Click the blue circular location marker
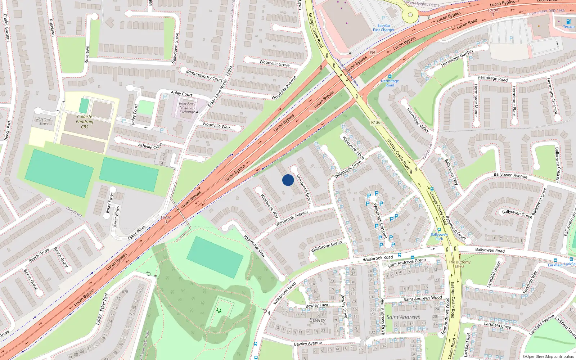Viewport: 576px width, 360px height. coord(288,180)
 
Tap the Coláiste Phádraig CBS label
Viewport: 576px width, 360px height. coord(85,122)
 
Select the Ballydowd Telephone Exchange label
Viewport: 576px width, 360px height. coord(187,108)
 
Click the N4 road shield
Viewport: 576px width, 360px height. coord(373,52)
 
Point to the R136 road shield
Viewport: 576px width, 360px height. coord(375,122)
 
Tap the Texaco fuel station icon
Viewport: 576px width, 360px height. coord(568,22)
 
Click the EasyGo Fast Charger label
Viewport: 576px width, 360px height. coord(383,28)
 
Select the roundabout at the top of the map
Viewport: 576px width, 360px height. coord(410,15)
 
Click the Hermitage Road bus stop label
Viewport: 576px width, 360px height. coord(390,83)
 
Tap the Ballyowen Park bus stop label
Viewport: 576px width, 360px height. coord(439,237)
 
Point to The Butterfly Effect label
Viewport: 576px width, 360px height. coord(459,264)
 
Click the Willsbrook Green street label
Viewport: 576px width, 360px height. coord(327,246)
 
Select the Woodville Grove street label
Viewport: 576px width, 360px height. coord(274,63)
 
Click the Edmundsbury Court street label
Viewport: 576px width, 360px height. coord(204,76)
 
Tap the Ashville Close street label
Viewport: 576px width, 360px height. coord(150,146)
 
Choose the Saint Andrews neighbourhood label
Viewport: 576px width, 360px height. coord(403,317)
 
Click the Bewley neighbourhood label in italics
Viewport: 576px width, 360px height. coord(317,320)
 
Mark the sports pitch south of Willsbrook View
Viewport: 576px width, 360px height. coord(215,257)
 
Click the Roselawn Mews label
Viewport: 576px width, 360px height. coord(44,121)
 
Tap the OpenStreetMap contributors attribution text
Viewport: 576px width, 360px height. coord(548,357)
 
